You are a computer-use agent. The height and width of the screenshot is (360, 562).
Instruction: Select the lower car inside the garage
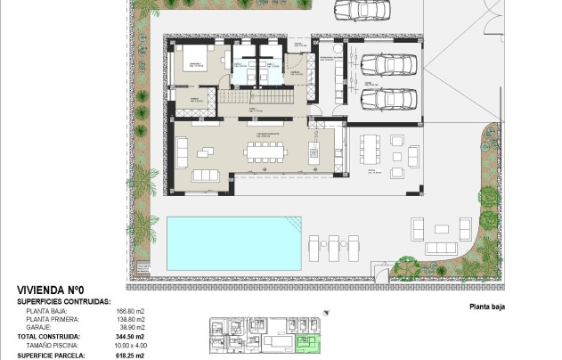[x=385, y=98]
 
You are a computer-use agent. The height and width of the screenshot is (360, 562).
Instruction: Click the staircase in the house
[x=254, y=95]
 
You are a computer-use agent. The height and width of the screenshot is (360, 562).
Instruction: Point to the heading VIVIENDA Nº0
[x=50, y=290]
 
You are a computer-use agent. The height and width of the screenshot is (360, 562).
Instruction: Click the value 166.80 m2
[x=130, y=311]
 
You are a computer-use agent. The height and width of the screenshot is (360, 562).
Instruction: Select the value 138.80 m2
[x=130, y=319]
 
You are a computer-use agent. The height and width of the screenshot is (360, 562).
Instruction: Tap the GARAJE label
[x=39, y=327]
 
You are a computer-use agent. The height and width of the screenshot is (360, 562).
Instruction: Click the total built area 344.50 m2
[x=130, y=336]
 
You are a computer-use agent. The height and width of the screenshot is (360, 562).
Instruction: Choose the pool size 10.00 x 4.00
[x=130, y=344]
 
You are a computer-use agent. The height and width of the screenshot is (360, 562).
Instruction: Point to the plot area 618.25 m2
[x=130, y=354]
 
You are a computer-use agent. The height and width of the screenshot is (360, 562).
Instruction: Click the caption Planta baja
[x=487, y=305]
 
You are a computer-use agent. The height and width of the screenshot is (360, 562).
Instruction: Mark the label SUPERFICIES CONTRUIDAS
[x=64, y=301]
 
